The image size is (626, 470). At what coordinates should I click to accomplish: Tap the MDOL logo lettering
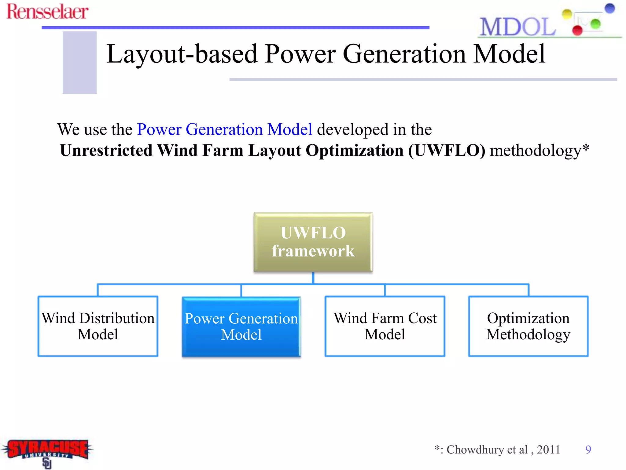pos(517,27)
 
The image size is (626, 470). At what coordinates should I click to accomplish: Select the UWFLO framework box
pos(313,242)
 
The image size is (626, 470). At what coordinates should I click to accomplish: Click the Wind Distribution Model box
pos(98,326)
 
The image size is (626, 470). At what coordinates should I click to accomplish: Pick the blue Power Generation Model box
pos(241,326)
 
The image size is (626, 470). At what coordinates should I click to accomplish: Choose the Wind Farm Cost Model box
pos(385,326)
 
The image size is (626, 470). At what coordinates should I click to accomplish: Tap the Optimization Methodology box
pos(528,326)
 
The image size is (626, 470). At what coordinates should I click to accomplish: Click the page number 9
pos(588,449)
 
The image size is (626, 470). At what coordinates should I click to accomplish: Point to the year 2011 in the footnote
pos(548,449)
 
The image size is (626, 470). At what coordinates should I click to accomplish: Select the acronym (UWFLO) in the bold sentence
pos(447,151)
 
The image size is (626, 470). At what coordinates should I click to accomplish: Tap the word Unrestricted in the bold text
pos(106,151)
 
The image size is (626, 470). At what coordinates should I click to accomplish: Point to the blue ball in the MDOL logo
pos(609,8)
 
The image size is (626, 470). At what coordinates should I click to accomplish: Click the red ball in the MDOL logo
pos(577,30)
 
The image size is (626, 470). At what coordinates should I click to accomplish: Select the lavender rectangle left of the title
pos(79,62)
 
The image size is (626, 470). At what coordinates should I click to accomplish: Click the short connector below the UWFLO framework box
pos(313,278)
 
